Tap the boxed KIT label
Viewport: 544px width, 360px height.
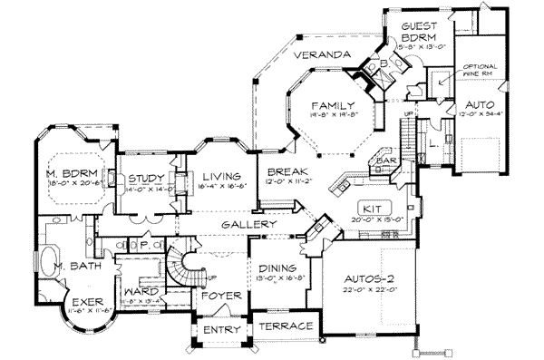pyautogui.click(x=371, y=207)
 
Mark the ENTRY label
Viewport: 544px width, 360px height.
pyautogui.click(x=219, y=328)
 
